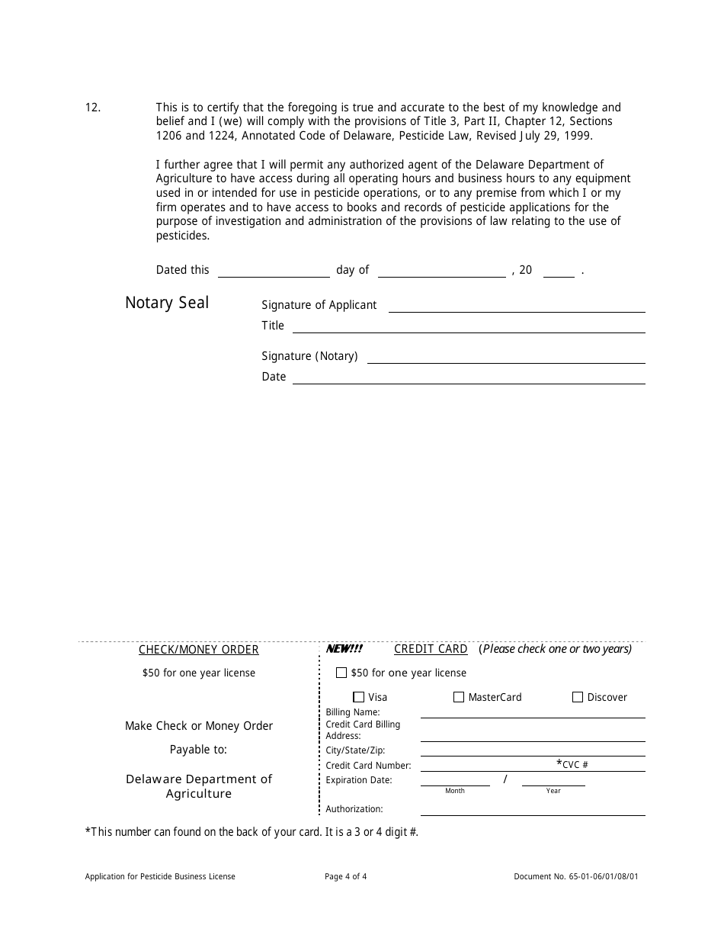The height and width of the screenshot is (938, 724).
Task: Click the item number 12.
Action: pos(92,108)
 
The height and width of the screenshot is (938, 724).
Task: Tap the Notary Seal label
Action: pos(167,303)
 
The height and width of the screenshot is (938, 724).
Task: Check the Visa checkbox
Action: pos(359,697)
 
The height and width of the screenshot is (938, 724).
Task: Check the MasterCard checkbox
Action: pos(459,697)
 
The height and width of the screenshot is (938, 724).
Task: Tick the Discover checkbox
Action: pos(578,697)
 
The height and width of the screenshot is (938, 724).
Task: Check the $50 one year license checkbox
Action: pos(341,673)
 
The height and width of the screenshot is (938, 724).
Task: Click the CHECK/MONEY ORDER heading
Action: pos(199,650)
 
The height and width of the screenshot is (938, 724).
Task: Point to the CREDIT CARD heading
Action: pos(431,649)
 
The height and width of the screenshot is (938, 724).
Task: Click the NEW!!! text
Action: pos(344,649)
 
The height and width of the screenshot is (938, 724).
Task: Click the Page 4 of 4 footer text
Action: pos(346,877)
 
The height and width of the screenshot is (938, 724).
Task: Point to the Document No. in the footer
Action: pos(576,877)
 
